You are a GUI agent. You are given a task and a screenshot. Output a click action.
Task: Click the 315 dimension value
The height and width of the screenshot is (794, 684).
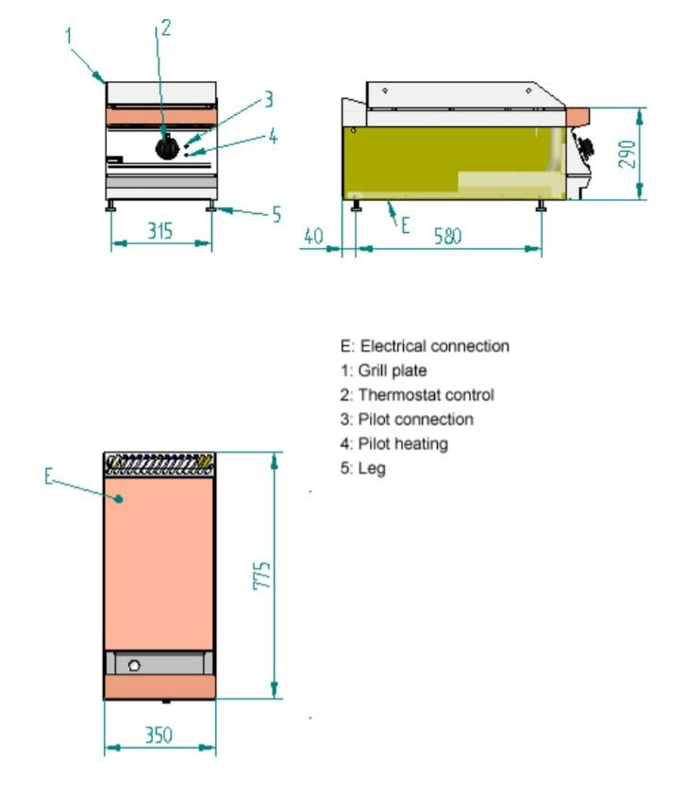click(x=160, y=229)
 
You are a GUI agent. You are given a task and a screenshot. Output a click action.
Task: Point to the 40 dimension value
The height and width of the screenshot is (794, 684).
click(x=313, y=236)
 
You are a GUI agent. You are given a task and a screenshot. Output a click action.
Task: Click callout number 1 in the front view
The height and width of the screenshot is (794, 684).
click(x=69, y=35)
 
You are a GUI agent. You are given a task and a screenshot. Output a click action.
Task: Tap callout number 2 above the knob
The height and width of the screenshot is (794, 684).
click(x=166, y=27)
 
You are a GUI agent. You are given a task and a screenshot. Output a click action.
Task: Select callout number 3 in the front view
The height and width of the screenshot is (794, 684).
click(x=268, y=98)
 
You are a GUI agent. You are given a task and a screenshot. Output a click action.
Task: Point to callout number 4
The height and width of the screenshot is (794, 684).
click(x=272, y=136)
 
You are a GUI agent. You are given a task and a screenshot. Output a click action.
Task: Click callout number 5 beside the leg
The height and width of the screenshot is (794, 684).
click(x=276, y=215)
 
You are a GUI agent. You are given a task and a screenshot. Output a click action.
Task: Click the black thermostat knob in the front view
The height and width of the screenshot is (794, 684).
click(x=168, y=146)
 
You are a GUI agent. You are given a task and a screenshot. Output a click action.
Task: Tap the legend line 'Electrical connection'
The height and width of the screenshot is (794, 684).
click(x=425, y=346)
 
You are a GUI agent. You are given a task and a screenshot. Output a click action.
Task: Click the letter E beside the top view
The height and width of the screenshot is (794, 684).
click(x=49, y=476)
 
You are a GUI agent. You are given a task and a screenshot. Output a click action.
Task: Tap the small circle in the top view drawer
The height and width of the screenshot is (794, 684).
click(x=134, y=666)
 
